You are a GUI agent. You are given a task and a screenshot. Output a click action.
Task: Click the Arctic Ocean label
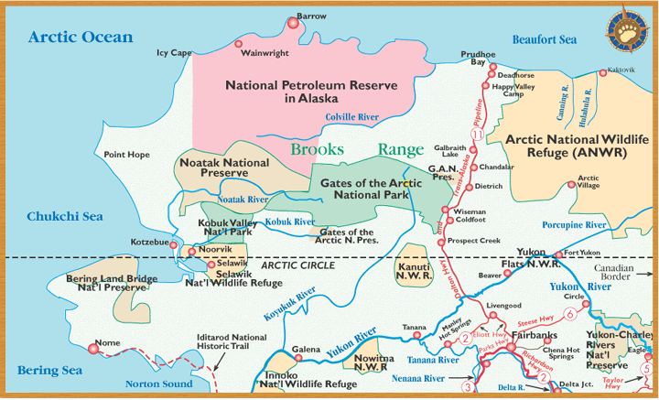81,38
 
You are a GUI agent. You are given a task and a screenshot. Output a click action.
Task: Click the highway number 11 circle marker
476,135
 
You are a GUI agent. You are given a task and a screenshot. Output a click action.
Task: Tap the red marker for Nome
92,348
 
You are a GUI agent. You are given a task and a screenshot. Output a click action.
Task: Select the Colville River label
352,116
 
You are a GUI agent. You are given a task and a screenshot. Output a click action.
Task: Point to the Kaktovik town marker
601,71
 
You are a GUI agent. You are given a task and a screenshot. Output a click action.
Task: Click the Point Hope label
126,155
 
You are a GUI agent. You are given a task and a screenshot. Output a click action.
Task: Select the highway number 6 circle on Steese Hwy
570,314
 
